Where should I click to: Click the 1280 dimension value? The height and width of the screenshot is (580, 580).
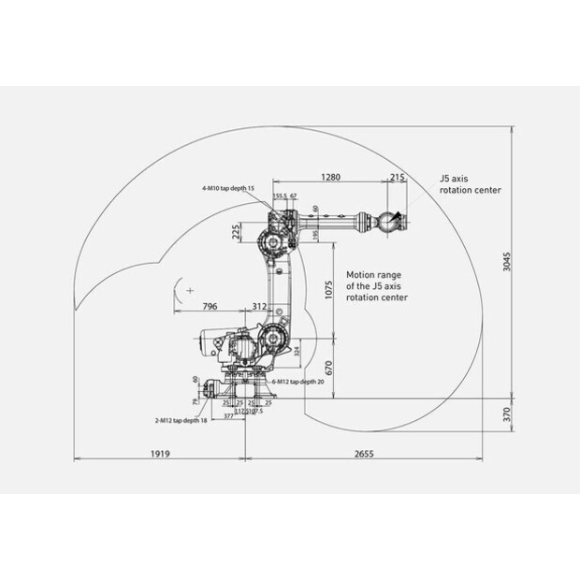point(330,177)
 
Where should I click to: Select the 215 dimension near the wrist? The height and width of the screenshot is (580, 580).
point(397,177)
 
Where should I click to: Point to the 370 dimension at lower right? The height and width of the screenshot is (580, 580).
point(505,413)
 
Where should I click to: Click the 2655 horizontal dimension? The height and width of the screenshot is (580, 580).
point(364,454)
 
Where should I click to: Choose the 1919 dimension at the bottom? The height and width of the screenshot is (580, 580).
point(159,454)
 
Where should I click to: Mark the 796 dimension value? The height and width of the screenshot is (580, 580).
point(210,306)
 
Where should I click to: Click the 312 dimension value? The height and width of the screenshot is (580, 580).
point(259,306)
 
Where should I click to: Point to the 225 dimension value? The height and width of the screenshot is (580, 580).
point(236,229)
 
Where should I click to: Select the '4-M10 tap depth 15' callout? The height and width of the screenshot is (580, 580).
point(227,188)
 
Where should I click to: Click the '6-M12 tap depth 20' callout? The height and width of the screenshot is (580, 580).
point(297,382)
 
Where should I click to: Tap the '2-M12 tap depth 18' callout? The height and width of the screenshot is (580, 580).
point(180,420)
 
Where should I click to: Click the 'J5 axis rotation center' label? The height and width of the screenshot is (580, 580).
point(470,182)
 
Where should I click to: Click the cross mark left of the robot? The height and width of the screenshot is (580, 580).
point(190,292)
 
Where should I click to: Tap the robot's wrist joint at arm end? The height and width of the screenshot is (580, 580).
point(387,222)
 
